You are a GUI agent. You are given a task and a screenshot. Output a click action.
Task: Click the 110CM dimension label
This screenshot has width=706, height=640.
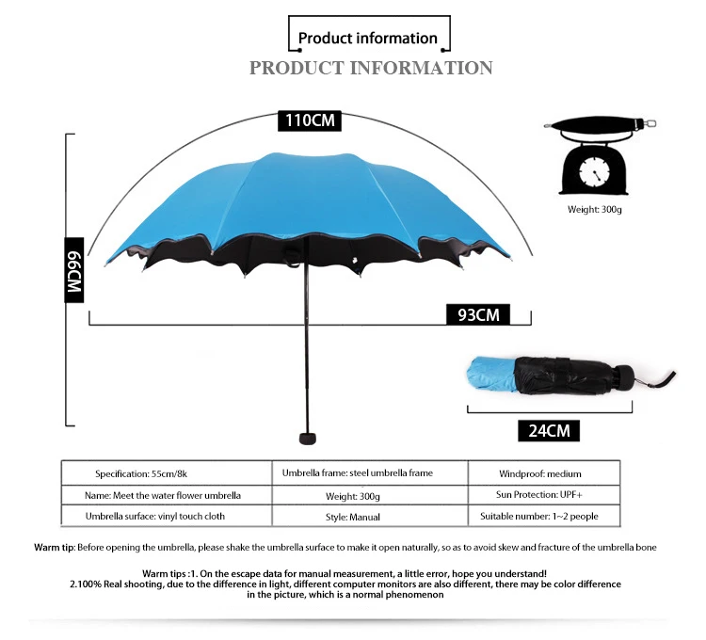click(309, 120)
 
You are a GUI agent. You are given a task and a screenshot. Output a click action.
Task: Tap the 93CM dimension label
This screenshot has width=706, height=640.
click(478, 314)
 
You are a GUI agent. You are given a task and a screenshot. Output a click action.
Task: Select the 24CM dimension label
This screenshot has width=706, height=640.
click(548, 431)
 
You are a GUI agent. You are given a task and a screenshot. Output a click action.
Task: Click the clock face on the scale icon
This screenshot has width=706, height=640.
click(595, 172)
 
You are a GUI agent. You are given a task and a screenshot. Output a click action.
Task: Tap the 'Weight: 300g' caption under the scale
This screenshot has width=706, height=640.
click(594, 209)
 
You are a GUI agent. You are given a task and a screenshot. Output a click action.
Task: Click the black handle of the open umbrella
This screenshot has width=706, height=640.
click(306, 438)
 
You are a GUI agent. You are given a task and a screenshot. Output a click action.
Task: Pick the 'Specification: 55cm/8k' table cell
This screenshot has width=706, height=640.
click(149, 473)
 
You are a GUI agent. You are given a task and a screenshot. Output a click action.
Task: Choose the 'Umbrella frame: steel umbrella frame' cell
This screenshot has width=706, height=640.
click(358, 472)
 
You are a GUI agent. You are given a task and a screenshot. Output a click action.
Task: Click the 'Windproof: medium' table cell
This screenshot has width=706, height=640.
click(539, 473)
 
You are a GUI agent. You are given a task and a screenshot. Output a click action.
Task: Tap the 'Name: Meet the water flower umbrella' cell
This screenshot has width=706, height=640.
click(162, 495)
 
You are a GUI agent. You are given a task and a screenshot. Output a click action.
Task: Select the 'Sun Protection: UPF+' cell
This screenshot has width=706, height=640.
click(544, 494)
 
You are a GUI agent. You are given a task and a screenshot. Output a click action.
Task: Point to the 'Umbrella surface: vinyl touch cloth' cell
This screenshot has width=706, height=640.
click(155, 516)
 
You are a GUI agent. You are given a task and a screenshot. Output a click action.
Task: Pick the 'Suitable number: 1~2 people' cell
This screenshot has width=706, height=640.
click(538, 516)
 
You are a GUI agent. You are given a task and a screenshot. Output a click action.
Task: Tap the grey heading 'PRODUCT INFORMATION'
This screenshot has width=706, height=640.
click(371, 68)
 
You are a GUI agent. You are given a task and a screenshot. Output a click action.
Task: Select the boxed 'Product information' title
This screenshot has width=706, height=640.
click(368, 39)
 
